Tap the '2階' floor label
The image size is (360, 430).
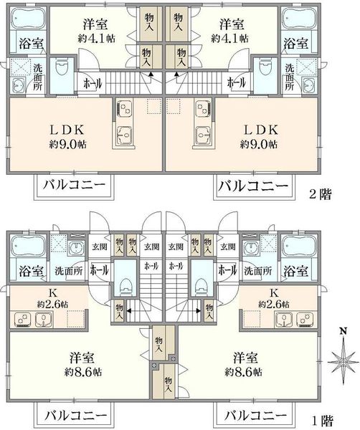[x=321, y=194]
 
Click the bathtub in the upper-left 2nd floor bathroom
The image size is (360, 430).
[x=28, y=18]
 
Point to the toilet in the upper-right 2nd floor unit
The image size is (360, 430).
[x=265, y=67]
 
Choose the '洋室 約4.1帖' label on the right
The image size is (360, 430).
[x=230, y=31]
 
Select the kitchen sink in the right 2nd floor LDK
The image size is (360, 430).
[x=204, y=135]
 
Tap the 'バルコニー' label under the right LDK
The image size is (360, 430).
[x=253, y=186]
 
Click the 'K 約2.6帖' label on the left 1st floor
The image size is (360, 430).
[x=53, y=298]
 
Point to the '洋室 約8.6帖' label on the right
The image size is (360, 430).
[x=244, y=365]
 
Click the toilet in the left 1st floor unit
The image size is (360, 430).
[x=125, y=287]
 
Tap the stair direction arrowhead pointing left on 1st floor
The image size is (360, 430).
[x=128, y=311]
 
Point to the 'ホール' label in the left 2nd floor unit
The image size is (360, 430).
[x=93, y=83]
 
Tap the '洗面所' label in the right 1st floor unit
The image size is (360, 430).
[x=257, y=271]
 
